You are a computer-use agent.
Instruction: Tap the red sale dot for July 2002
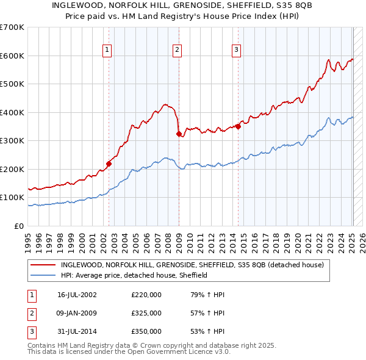[109, 163]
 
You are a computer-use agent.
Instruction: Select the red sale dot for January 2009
[179, 134]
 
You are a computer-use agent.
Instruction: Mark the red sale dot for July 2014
[238, 126]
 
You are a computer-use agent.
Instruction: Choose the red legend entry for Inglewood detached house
[195, 265]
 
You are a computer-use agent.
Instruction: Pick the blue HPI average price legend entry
[134, 275]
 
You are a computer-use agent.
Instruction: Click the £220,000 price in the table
[146, 294]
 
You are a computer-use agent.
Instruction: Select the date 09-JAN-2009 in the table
[77, 313]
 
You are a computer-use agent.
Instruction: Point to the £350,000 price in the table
[146, 331]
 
